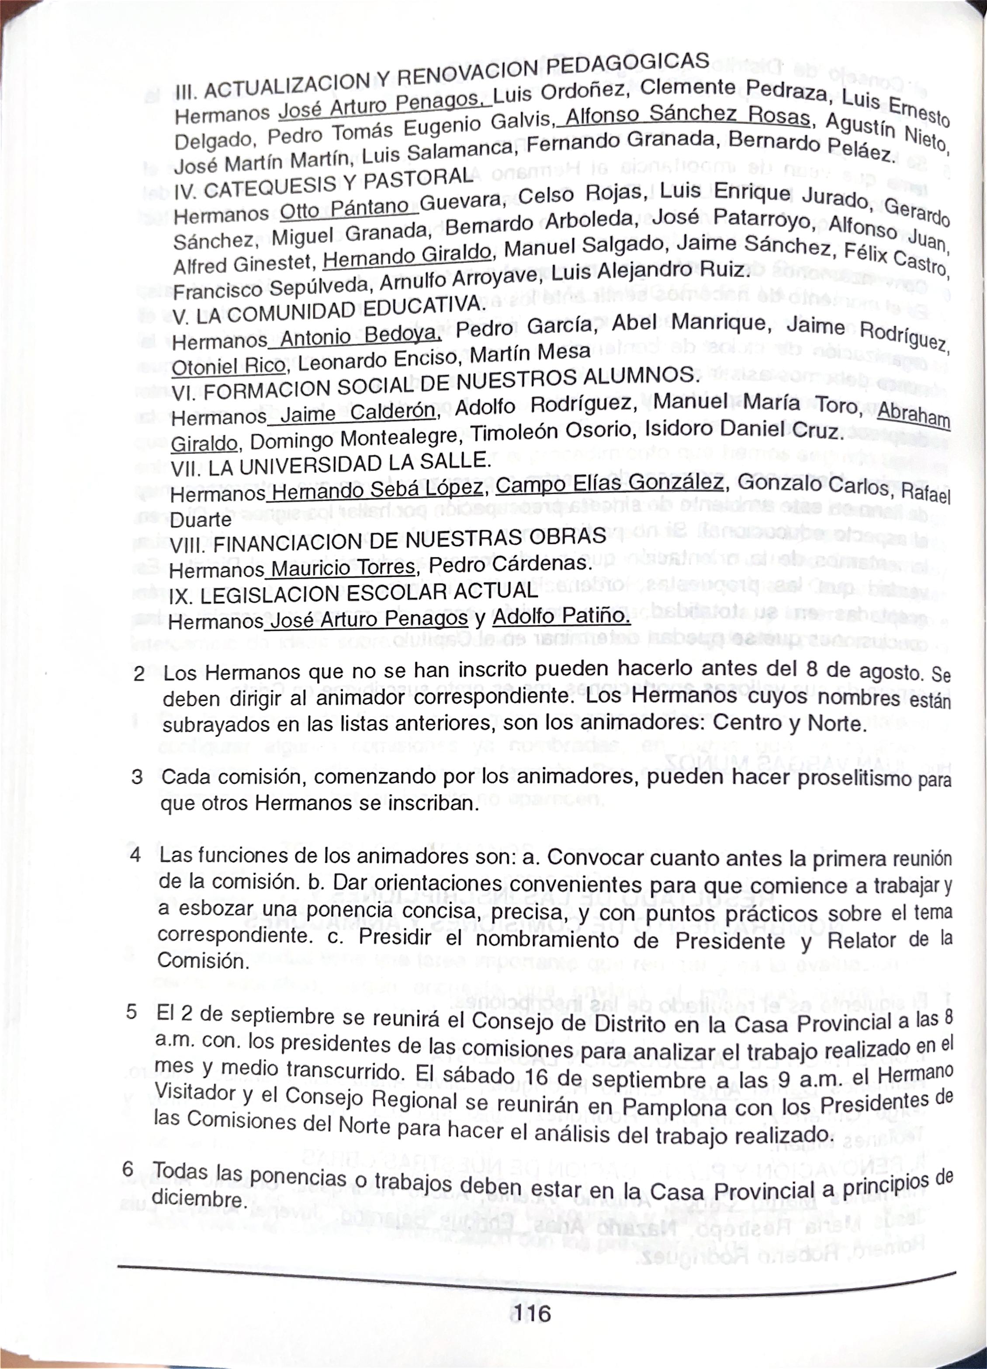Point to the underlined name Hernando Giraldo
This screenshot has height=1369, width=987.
408,257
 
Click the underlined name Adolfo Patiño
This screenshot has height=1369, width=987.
561,616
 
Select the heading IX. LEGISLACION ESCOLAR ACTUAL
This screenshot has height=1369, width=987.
353,593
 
